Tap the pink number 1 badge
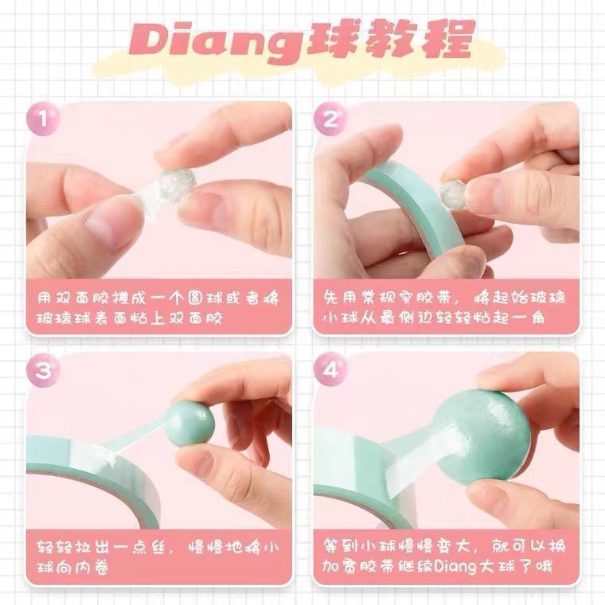coord(43,118)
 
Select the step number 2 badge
coord(330,118)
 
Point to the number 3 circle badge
coord(43,369)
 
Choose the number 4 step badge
coord(330,369)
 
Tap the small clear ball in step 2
coord(454,194)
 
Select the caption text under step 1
coord(158,308)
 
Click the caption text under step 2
coord(444,308)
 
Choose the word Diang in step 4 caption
coord(455,567)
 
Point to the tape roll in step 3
coord(92,478)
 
